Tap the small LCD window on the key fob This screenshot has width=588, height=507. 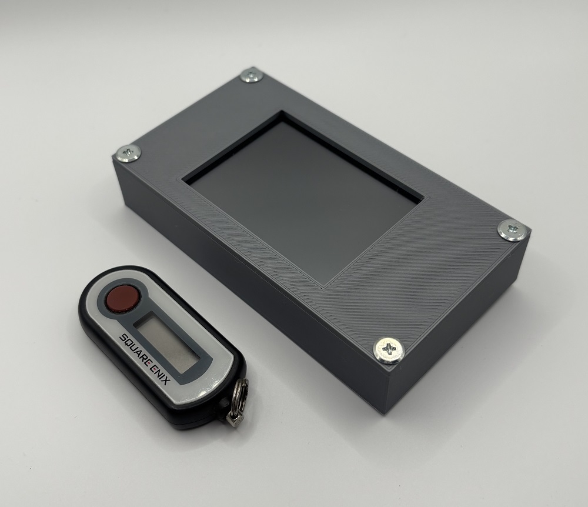166,342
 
